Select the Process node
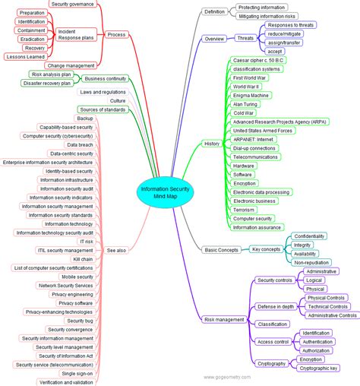tap(116, 34)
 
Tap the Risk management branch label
tap(224, 320)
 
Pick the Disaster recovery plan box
tap(47, 84)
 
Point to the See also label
tap(117, 249)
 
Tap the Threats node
tap(245, 37)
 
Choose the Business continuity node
tap(105, 78)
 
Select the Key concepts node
tap(266, 249)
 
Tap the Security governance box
tap(72, 4)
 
